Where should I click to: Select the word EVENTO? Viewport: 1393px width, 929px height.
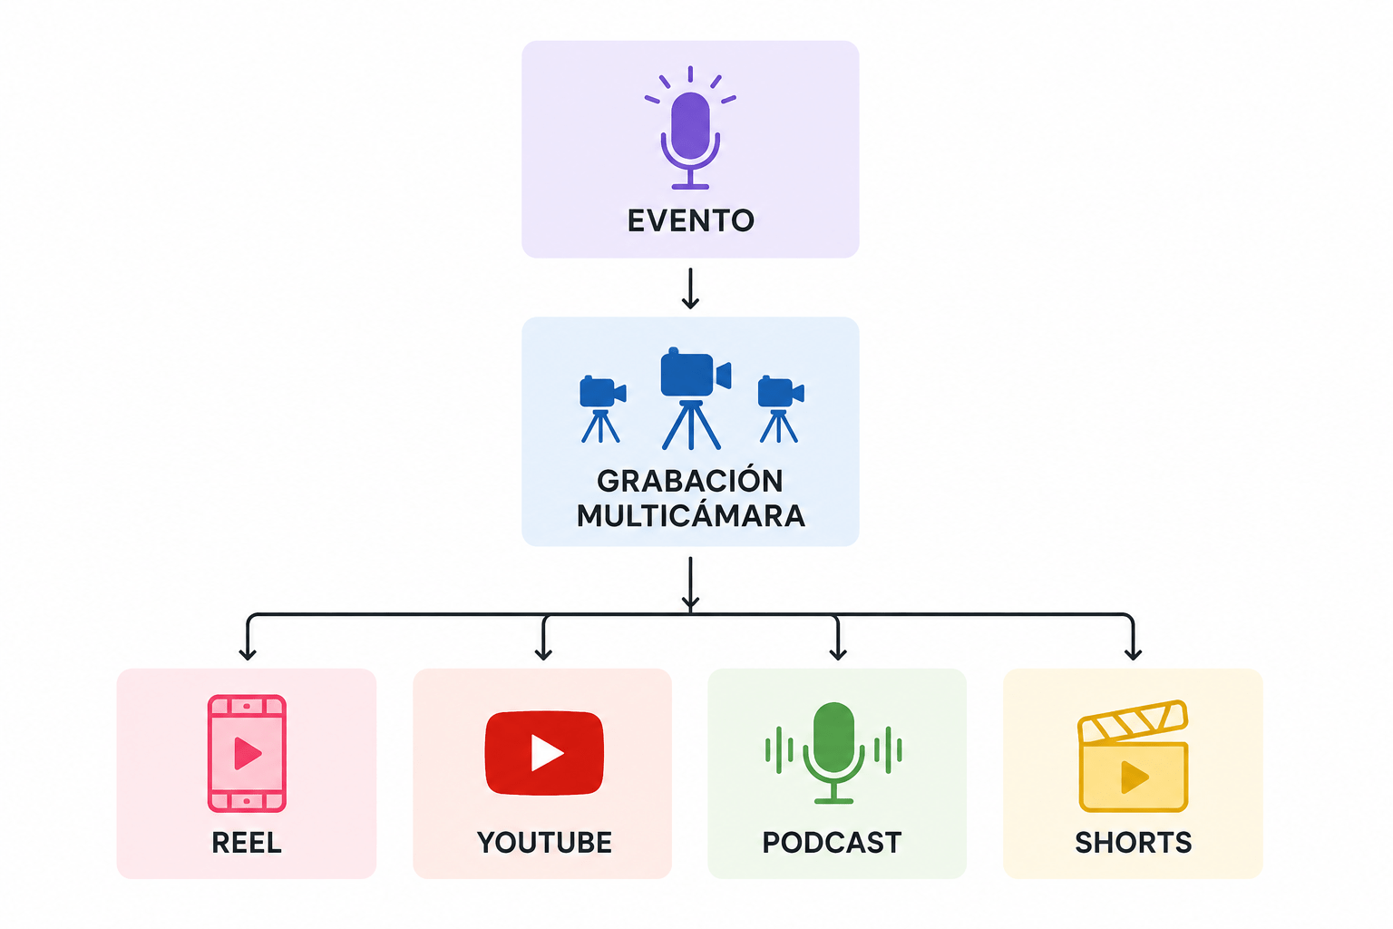click(x=690, y=220)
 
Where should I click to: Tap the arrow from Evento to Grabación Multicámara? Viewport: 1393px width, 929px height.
click(x=690, y=288)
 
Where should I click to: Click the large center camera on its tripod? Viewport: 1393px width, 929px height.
click(x=694, y=398)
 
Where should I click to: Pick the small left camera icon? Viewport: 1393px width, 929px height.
click(x=602, y=409)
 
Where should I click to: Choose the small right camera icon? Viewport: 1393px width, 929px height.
click(x=781, y=409)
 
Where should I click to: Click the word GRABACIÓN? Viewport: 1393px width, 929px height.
click(x=689, y=480)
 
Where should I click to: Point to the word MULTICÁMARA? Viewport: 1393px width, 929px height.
click(x=690, y=515)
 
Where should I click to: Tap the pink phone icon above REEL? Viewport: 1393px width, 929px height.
click(x=247, y=753)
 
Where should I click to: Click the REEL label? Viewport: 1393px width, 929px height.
click(x=247, y=843)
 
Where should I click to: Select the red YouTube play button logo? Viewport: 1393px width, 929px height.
click(x=544, y=753)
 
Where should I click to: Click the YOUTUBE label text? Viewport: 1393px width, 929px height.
click(x=544, y=843)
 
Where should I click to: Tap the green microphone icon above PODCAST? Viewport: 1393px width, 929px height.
click(x=833, y=753)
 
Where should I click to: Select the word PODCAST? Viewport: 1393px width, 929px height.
click(x=832, y=843)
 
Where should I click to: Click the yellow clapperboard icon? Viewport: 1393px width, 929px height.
click(x=1133, y=756)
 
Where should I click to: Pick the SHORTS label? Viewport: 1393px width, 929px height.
click(x=1133, y=843)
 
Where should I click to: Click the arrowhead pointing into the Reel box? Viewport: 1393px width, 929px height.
click(x=248, y=653)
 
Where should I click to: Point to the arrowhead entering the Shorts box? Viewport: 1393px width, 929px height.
click(x=1133, y=653)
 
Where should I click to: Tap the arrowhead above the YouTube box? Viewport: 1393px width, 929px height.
click(x=543, y=653)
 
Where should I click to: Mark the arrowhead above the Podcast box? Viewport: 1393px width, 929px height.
click(x=838, y=653)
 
